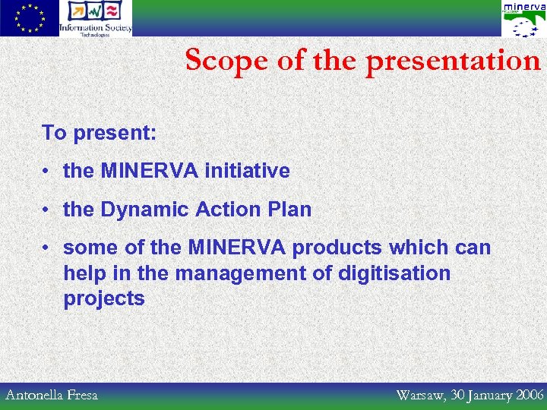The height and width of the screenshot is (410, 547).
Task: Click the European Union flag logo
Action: [x=30, y=18]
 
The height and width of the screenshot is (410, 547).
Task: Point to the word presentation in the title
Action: [x=453, y=61]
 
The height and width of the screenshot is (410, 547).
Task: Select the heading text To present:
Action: [x=99, y=133]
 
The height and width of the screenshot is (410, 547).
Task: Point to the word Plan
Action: [x=289, y=210]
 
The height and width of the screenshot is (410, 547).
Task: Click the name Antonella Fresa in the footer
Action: [x=52, y=395]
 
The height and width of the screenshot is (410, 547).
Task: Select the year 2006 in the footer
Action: [x=529, y=395]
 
